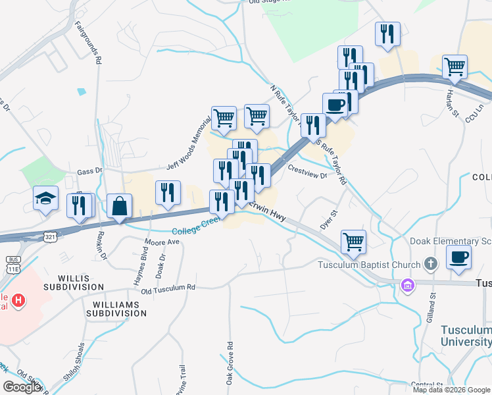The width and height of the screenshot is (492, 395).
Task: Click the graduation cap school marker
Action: point(46,197)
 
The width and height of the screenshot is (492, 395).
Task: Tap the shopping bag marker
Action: point(120,206)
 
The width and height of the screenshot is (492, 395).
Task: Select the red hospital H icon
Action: point(19,301)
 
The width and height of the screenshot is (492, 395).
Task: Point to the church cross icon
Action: point(430,265)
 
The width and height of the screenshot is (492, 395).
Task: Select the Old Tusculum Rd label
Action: point(168,288)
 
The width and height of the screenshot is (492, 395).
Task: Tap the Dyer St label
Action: point(328,220)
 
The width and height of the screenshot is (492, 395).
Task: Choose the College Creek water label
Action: point(196,230)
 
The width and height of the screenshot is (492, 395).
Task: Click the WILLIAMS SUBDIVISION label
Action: point(120,309)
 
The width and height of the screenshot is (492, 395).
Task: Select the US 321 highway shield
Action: point(51,236)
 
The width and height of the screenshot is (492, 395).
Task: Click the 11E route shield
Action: point(12,268)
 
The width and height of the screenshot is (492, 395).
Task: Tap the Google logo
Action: point(22,387)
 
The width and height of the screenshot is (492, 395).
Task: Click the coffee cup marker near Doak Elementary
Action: point(459,257)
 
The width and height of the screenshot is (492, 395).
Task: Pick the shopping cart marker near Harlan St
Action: point(455,66)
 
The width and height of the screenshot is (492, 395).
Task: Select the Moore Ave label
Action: point(162,242)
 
